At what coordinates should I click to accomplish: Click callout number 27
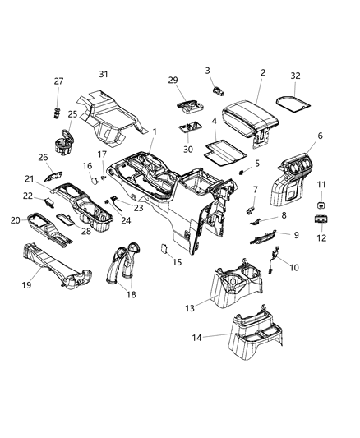pos(58,81)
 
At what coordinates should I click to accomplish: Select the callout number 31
pos(103,75)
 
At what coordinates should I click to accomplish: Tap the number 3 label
pos(208,71)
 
